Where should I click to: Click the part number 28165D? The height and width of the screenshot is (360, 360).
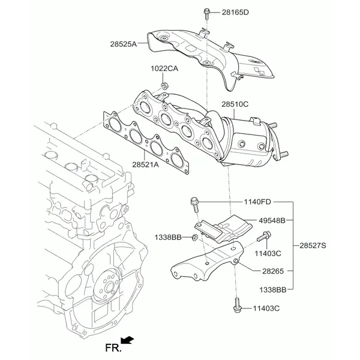(235, 12)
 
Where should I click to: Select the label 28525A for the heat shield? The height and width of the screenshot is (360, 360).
(123, 44)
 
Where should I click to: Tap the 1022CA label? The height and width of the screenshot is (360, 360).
(164, 68)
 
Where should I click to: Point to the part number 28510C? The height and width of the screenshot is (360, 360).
(235, 104)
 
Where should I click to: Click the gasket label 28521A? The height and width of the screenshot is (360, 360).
(145, 164)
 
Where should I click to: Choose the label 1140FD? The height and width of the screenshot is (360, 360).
(257, 202)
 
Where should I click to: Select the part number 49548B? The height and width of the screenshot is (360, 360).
(272, 221)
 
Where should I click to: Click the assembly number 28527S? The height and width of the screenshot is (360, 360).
(313, 245)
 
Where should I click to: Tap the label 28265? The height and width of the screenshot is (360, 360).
(273, 271)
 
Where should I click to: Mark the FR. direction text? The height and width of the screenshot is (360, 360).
(113, 348)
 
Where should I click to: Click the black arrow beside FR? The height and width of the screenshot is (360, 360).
(127, 340)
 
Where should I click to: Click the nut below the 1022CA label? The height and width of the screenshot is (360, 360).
(164, 86)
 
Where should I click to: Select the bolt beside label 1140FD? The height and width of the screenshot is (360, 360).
(194, 205)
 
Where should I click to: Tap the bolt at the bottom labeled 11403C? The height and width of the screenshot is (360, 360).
(237, 305)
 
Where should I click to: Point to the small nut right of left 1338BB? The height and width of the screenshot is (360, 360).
(194, 238)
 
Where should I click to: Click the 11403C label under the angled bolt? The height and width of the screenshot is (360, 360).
(268, 253)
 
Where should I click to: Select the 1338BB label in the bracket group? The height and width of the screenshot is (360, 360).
(273, 290)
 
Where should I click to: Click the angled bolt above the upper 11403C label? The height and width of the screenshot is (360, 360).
(264, 236)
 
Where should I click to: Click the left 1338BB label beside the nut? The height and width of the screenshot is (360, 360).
(168, 237)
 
